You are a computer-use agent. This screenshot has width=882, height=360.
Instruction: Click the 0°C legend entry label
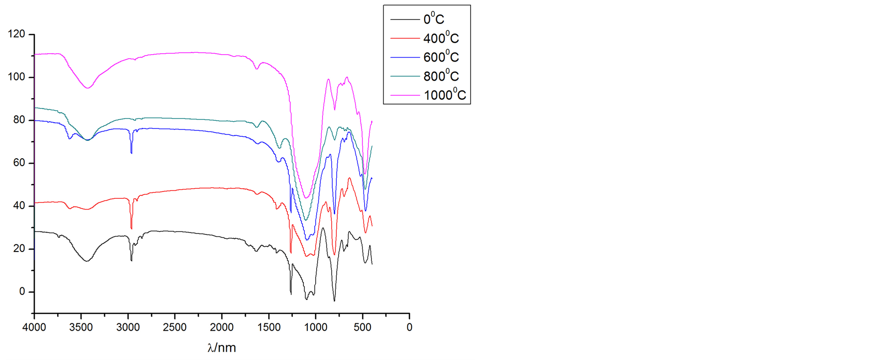433,19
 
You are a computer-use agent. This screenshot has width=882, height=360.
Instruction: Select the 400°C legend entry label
441,38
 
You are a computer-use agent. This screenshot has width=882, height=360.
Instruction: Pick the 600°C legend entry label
441,57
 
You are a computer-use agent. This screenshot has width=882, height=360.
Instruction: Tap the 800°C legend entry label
441,76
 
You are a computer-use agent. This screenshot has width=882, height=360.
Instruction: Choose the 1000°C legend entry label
445,94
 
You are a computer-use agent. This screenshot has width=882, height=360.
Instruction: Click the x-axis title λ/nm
221,347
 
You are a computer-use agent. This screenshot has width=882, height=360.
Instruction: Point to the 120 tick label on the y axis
16,34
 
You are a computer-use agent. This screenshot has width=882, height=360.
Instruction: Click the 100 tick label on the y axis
16,77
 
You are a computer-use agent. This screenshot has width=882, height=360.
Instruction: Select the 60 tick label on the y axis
19,163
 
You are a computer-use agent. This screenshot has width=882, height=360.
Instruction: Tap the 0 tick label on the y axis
22,292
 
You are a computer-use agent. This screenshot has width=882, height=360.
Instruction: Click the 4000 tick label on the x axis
34,327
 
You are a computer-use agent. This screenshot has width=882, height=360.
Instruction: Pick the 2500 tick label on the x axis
174,327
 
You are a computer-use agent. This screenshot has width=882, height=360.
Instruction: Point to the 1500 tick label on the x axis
268,327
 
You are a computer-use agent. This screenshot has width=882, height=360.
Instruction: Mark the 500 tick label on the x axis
362,327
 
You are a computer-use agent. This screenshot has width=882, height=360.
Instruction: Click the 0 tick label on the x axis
409,327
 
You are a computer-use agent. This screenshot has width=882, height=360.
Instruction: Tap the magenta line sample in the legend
405,95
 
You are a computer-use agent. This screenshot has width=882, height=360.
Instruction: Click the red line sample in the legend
405,38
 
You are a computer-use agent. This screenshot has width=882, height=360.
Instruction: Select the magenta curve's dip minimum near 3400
87,88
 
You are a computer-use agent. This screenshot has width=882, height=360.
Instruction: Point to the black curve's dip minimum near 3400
87,261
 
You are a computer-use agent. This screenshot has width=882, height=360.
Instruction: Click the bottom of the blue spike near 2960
131,153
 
